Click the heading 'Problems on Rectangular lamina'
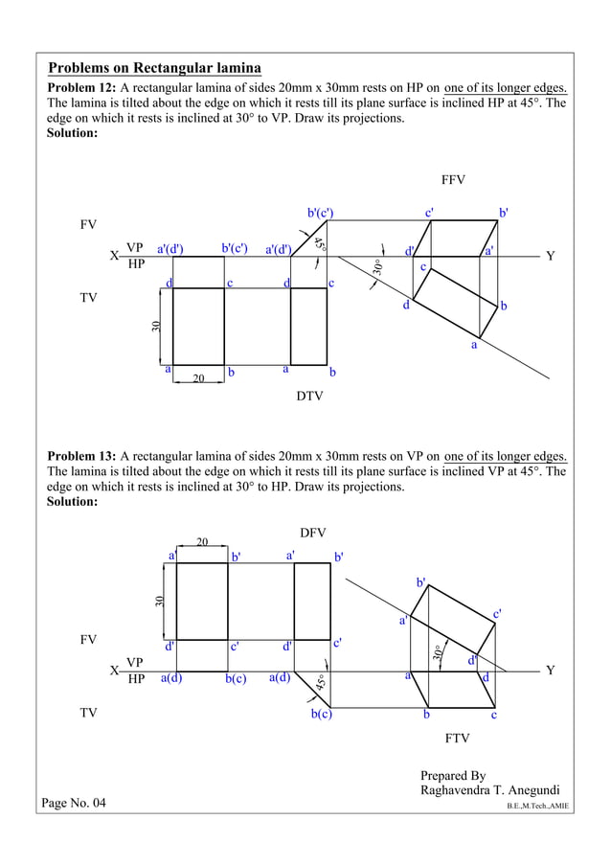[x=155, y=69]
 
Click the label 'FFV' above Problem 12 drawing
[x=453, y=179]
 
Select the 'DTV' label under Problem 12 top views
[x=309, y=396]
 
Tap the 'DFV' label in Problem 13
[x=313, y=532]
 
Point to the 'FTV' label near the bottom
[x=457, y=740]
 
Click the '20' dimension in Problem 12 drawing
[x=198, y=379]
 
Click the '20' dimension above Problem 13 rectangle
[x=202, y=542]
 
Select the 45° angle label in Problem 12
[x=320, y=242]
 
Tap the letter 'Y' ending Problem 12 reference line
[x=550, y=256]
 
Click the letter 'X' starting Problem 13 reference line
[x=114, y=671]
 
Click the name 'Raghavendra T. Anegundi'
[x=489, y=790]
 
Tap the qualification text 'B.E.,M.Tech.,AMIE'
[x=537, y=808]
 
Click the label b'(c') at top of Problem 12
[x=320, y=213]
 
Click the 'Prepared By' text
[x=453, y=775]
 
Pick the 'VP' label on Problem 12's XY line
[x=135, y=248]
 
